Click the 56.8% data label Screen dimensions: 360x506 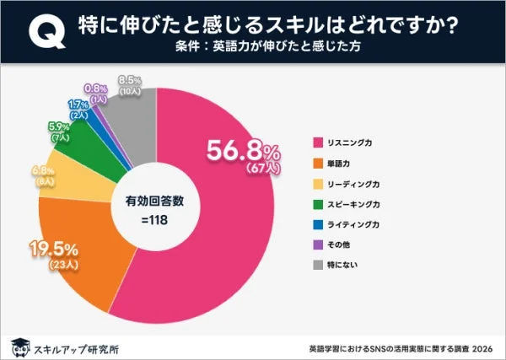(x=244, y=152)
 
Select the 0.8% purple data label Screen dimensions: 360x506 (x=95, y=88)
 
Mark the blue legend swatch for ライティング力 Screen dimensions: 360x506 (x=320, y=225)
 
